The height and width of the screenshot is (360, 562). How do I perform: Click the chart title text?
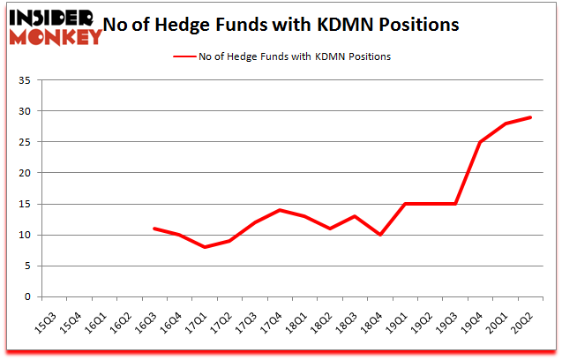tap(281, 25)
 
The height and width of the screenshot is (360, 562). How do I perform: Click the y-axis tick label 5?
tap(27, 266)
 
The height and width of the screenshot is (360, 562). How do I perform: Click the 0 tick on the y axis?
tap(27, 297)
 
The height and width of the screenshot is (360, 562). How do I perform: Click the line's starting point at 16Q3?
tap(154, 229)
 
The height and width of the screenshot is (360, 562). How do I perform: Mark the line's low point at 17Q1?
tap(204, 247)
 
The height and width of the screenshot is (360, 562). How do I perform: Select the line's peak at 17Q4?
tap(279, 210)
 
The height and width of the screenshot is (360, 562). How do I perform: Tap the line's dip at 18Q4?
tap(379, 235)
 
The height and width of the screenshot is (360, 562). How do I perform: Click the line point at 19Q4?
tap(480, 142)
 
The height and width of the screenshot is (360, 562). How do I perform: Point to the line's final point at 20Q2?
tap(530, 117)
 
